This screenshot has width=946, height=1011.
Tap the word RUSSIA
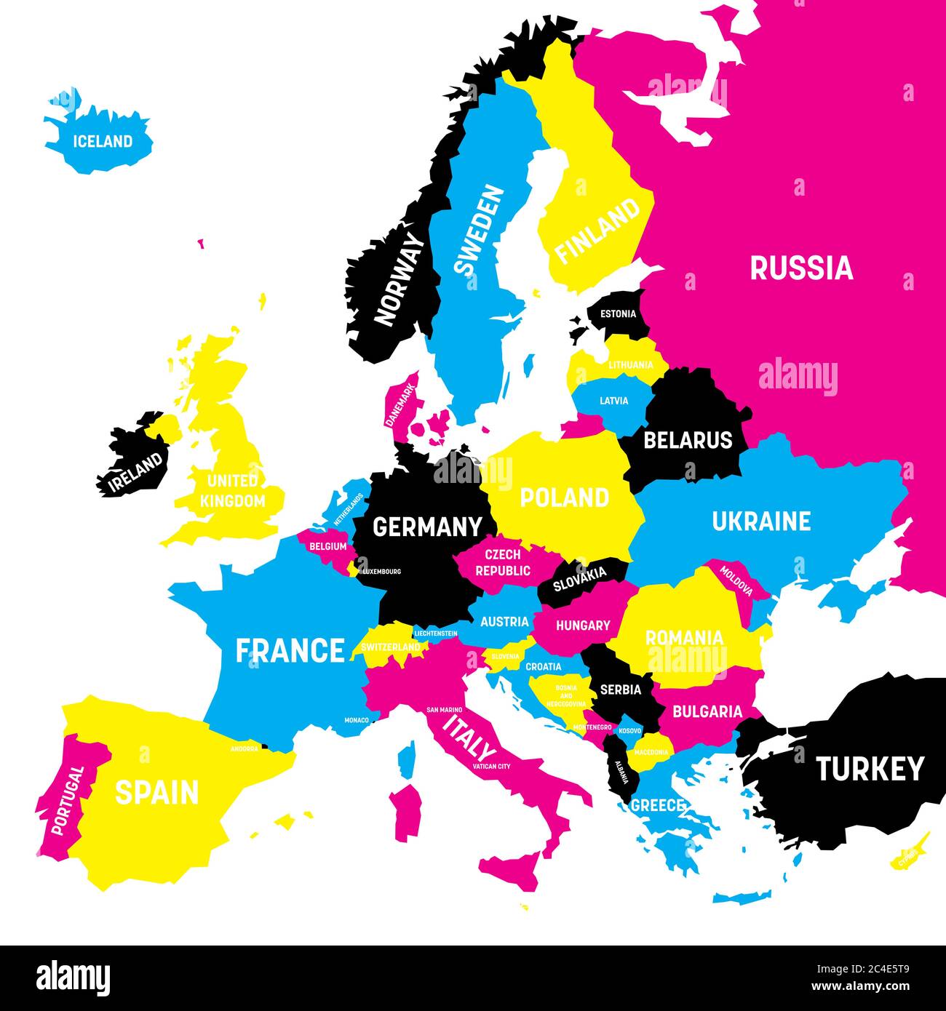tap(801, 268)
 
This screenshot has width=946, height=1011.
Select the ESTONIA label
tap(618, 314)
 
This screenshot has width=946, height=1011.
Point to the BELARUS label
tap(688, 440)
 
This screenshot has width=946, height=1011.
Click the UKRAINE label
tap(761, 521)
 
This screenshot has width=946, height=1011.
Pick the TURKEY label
tap(870, 769)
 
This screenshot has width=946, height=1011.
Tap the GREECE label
tap(658, 805)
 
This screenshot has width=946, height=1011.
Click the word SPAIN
tap(156, 792)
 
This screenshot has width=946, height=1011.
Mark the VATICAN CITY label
tap(491, 766)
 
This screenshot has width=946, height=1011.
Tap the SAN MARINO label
tap(445, 709)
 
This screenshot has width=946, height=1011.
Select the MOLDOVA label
tap(736, 578)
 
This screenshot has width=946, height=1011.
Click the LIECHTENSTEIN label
tap(436, 634)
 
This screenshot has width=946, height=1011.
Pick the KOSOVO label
tap(630, 730)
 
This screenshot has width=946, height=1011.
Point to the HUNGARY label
tap(583, 625)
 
